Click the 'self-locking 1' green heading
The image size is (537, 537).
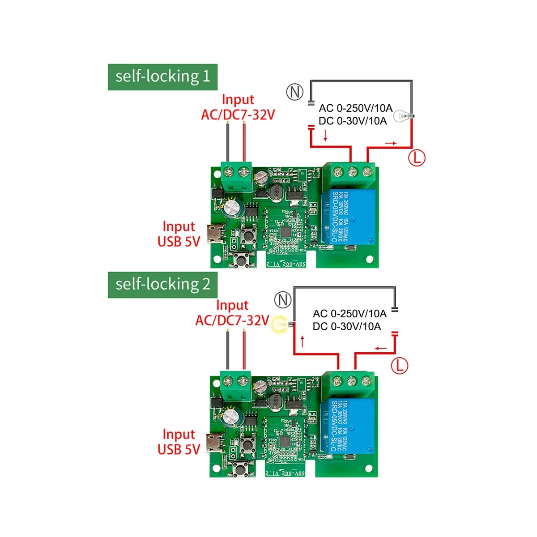click(162, 77)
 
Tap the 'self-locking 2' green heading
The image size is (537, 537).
click(162, 285)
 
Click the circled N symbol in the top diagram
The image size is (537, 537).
click(294, 92)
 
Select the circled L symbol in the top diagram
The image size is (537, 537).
click(417, 158)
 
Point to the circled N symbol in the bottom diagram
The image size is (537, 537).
click(283, 300)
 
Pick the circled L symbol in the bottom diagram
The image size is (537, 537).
click(400, 366)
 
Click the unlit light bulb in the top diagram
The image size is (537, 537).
click(403, 117)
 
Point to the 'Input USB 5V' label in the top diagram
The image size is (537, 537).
click(179, 234)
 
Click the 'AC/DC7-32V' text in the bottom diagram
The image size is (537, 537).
click(232, 320)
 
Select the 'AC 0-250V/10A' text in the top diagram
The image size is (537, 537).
click(355, 108)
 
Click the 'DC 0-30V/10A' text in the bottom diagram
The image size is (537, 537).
click(347, 327)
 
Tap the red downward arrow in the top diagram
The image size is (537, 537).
click(325, 135)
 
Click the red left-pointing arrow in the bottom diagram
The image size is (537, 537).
click(381, 349)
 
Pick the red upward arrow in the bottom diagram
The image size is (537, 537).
click(303, 341)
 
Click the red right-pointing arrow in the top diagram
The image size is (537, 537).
click(390, 143)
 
